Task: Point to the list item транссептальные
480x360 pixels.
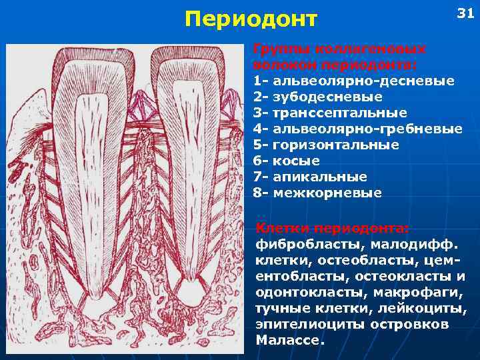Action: (x=339, y=113)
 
